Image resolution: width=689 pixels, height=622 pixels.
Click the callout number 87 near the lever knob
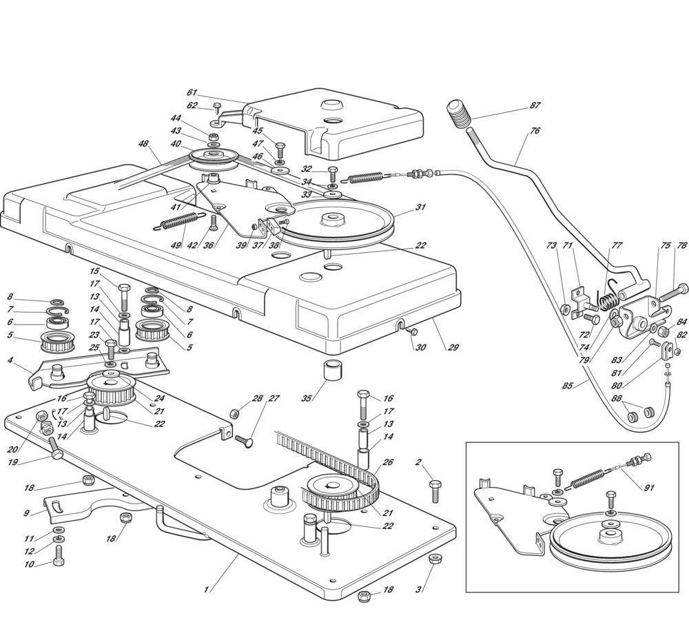535,105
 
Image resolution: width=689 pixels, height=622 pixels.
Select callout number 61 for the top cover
192,92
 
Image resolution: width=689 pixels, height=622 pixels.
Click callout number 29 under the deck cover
453,348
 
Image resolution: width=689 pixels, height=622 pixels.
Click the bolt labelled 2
435,491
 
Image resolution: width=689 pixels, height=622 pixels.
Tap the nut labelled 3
433,559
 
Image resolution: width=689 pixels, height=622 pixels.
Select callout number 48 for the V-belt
143,145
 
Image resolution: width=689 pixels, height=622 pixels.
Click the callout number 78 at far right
682,245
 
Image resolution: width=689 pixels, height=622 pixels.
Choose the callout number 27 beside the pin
274,398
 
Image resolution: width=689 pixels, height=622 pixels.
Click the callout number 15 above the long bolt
95,271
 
